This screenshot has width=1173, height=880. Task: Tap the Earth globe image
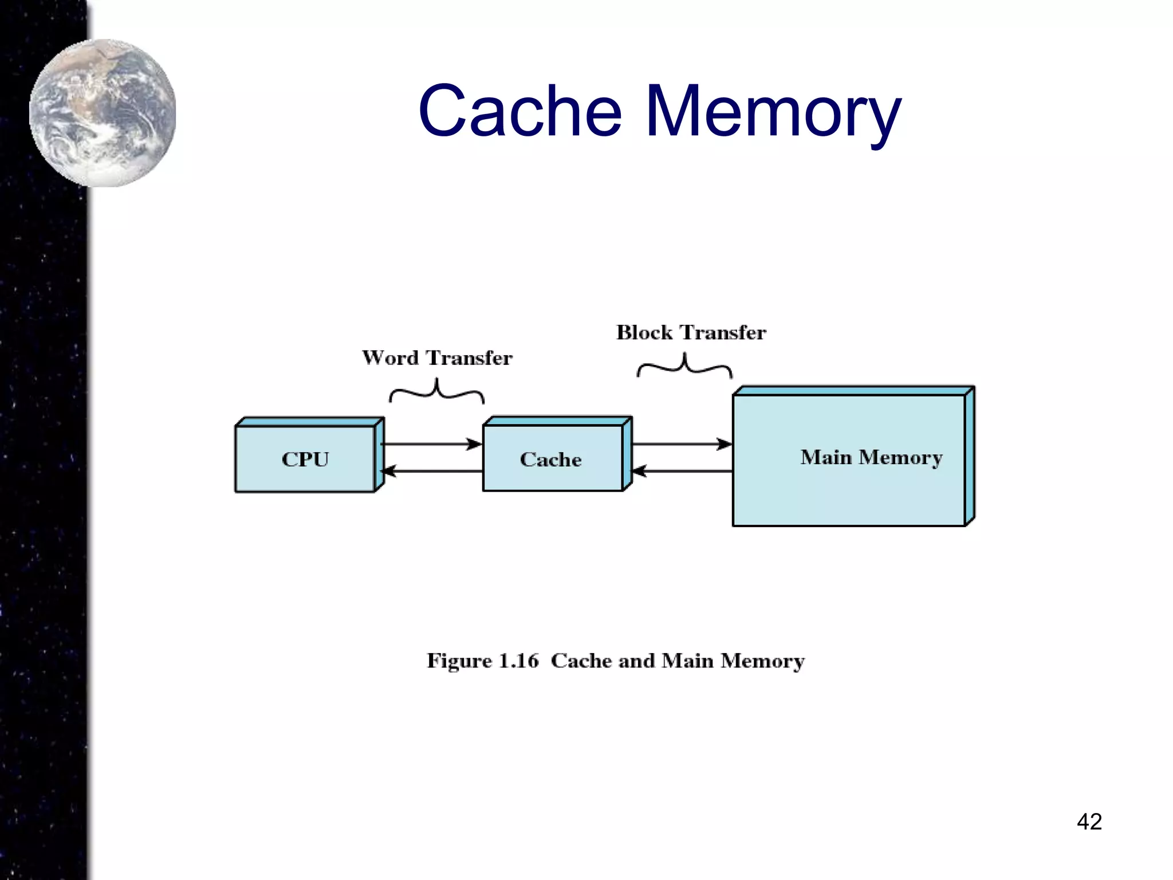click(x=103, y=113)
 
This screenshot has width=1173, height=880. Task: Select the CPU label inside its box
click(x=305, y=459)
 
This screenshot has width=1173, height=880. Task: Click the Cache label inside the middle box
click(x=550, y=459)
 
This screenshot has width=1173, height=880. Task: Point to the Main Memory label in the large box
click(x=871, y=457)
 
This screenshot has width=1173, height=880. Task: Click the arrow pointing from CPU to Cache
click(x=432, y=444)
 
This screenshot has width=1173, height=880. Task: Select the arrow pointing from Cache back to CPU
click(x=432, y=472)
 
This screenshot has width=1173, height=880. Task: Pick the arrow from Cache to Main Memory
click(x=682, y=444)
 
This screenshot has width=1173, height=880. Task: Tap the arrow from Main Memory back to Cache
click(x=682, y=472)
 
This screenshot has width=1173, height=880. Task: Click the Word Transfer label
click(x=437, y=358)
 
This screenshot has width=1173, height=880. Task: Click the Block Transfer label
click(x=691, y=333)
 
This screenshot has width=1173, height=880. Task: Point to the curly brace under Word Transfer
click(x=437, y=392)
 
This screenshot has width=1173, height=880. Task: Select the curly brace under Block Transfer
click(x=684, y=366)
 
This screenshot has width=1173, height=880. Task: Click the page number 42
click(x=1089, y=822)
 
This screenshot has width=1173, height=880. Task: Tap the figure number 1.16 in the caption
click(x=519, y=661)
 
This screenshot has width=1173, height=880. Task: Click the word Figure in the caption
click(x=459, y=661)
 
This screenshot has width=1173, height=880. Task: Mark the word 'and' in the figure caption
click(x=636, y=661)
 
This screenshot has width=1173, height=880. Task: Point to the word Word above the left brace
click(x=391, y=358)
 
